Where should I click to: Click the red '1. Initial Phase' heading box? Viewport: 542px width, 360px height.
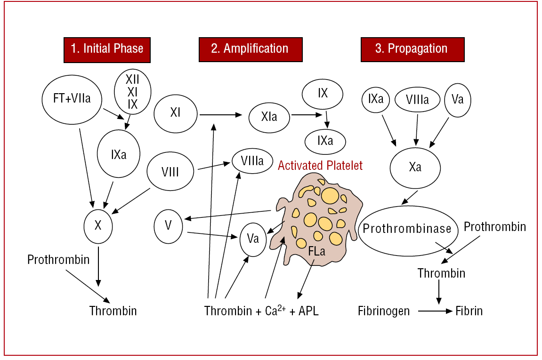pyautogui.click(x=107, y=50)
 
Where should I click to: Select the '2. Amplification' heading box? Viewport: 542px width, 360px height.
pyautogui.click(x=251, y=49)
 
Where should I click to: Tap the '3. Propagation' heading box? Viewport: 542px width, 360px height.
pyautogui.click(x=413, y=49)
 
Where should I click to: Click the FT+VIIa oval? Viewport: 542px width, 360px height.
pyautogui.click(x=72, y=99)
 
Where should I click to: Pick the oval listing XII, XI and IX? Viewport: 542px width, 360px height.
pyautogui.click(x=133, y=92)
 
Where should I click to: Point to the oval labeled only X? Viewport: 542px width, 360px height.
pyautogui.click(x=98, y=226)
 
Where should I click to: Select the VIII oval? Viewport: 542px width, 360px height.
pyautogui.click(x=170, y=171)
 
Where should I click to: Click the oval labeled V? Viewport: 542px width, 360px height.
pyautogui.click(x=168, y=226)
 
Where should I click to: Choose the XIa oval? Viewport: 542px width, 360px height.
pyautogui.click(x=269, y=118)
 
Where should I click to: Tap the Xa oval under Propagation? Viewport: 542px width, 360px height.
pyautogui.click(x=415, y=168)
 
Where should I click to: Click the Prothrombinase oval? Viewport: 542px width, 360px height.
pyautogui.click(x=408, y=231)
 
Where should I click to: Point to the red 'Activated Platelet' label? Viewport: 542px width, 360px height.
pyautogui.click(x=320, y=166)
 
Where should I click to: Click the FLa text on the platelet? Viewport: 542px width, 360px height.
pyautogui.click(x=316, y=251)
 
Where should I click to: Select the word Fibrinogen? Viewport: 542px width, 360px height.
pyautogui.click(x=384, y=311)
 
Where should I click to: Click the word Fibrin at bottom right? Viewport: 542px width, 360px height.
pyautogui.click(x=469, y=311)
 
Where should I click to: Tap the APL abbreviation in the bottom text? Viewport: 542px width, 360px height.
pyautogui.click(x=309, y=311)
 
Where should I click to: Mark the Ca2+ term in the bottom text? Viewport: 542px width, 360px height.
pyautogui.click(x=275, y=310)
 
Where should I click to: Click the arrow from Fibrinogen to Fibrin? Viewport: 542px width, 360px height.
pyautogui.click(x=435, y=311)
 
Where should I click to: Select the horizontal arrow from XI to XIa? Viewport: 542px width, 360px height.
pyautogui.click(x=221, y=115)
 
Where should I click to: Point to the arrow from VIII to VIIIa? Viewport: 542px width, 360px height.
pyautogui.click(x=214, y=166)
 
